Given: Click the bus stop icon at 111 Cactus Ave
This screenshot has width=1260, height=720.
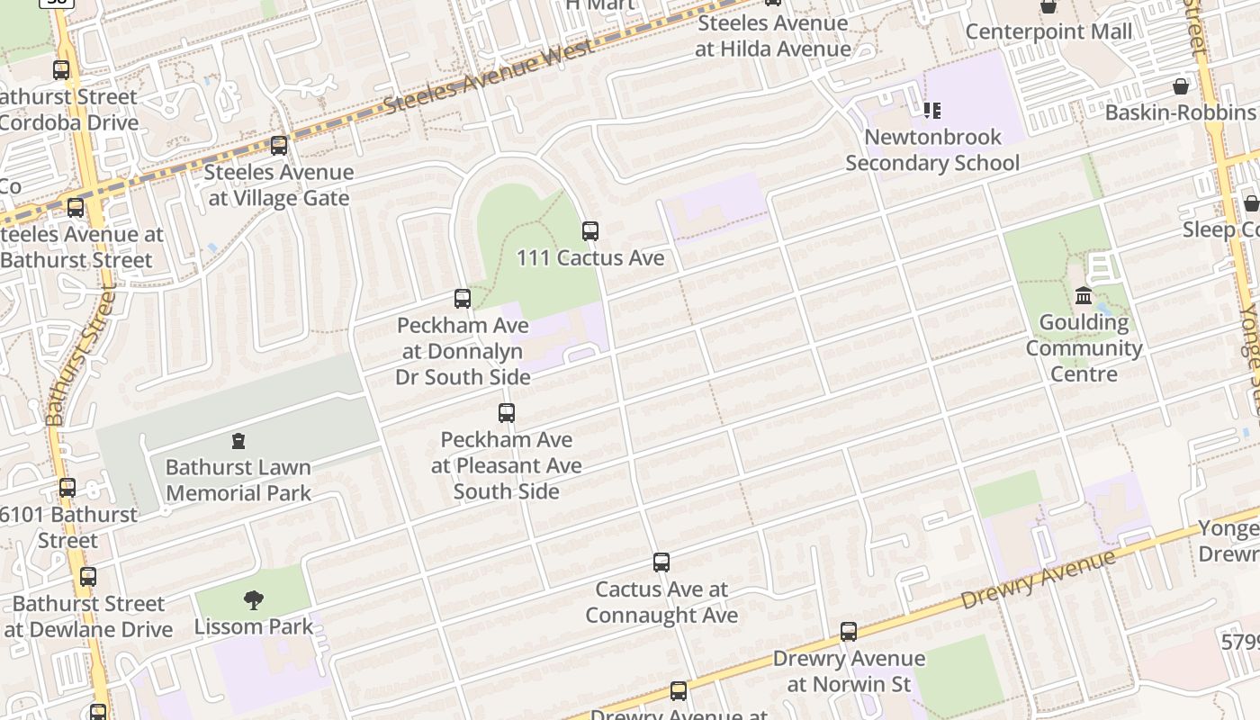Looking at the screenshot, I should coord(590,231).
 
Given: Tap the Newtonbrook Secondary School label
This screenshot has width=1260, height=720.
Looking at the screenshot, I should coord(932,150).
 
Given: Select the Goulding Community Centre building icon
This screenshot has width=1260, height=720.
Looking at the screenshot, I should coord(1084,296).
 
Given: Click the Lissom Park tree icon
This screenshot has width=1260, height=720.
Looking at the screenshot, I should coord(254,600).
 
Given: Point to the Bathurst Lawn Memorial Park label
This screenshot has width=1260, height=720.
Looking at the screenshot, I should coord(238,481).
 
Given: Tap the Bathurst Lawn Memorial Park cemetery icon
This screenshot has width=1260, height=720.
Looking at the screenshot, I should coord(238,441).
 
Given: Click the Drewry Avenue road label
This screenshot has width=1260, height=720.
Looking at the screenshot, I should coord(1038,581).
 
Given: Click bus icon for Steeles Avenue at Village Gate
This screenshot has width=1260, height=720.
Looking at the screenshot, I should coord(279,146).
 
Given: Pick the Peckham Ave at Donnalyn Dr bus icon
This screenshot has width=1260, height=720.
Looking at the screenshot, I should coord(463,299).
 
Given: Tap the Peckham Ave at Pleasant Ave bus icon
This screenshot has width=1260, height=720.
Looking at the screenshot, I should coord(507,414).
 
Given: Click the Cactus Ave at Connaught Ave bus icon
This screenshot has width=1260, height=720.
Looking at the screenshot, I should coord(661,563).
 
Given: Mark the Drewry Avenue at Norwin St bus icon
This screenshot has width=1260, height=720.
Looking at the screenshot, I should coord(849,632).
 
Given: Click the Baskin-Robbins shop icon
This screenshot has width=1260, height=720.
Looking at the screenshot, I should coord(1181,86).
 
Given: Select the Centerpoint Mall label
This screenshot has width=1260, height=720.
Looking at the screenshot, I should coord(1048,32).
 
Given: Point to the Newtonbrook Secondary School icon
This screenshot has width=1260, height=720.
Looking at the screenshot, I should coord(932,111).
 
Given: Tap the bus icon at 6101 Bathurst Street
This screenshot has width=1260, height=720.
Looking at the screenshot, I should coord(67,489).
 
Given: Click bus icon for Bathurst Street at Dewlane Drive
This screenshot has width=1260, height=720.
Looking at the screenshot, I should coord(88,577).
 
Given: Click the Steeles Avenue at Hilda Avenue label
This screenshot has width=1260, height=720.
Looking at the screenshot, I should coord(773,36).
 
